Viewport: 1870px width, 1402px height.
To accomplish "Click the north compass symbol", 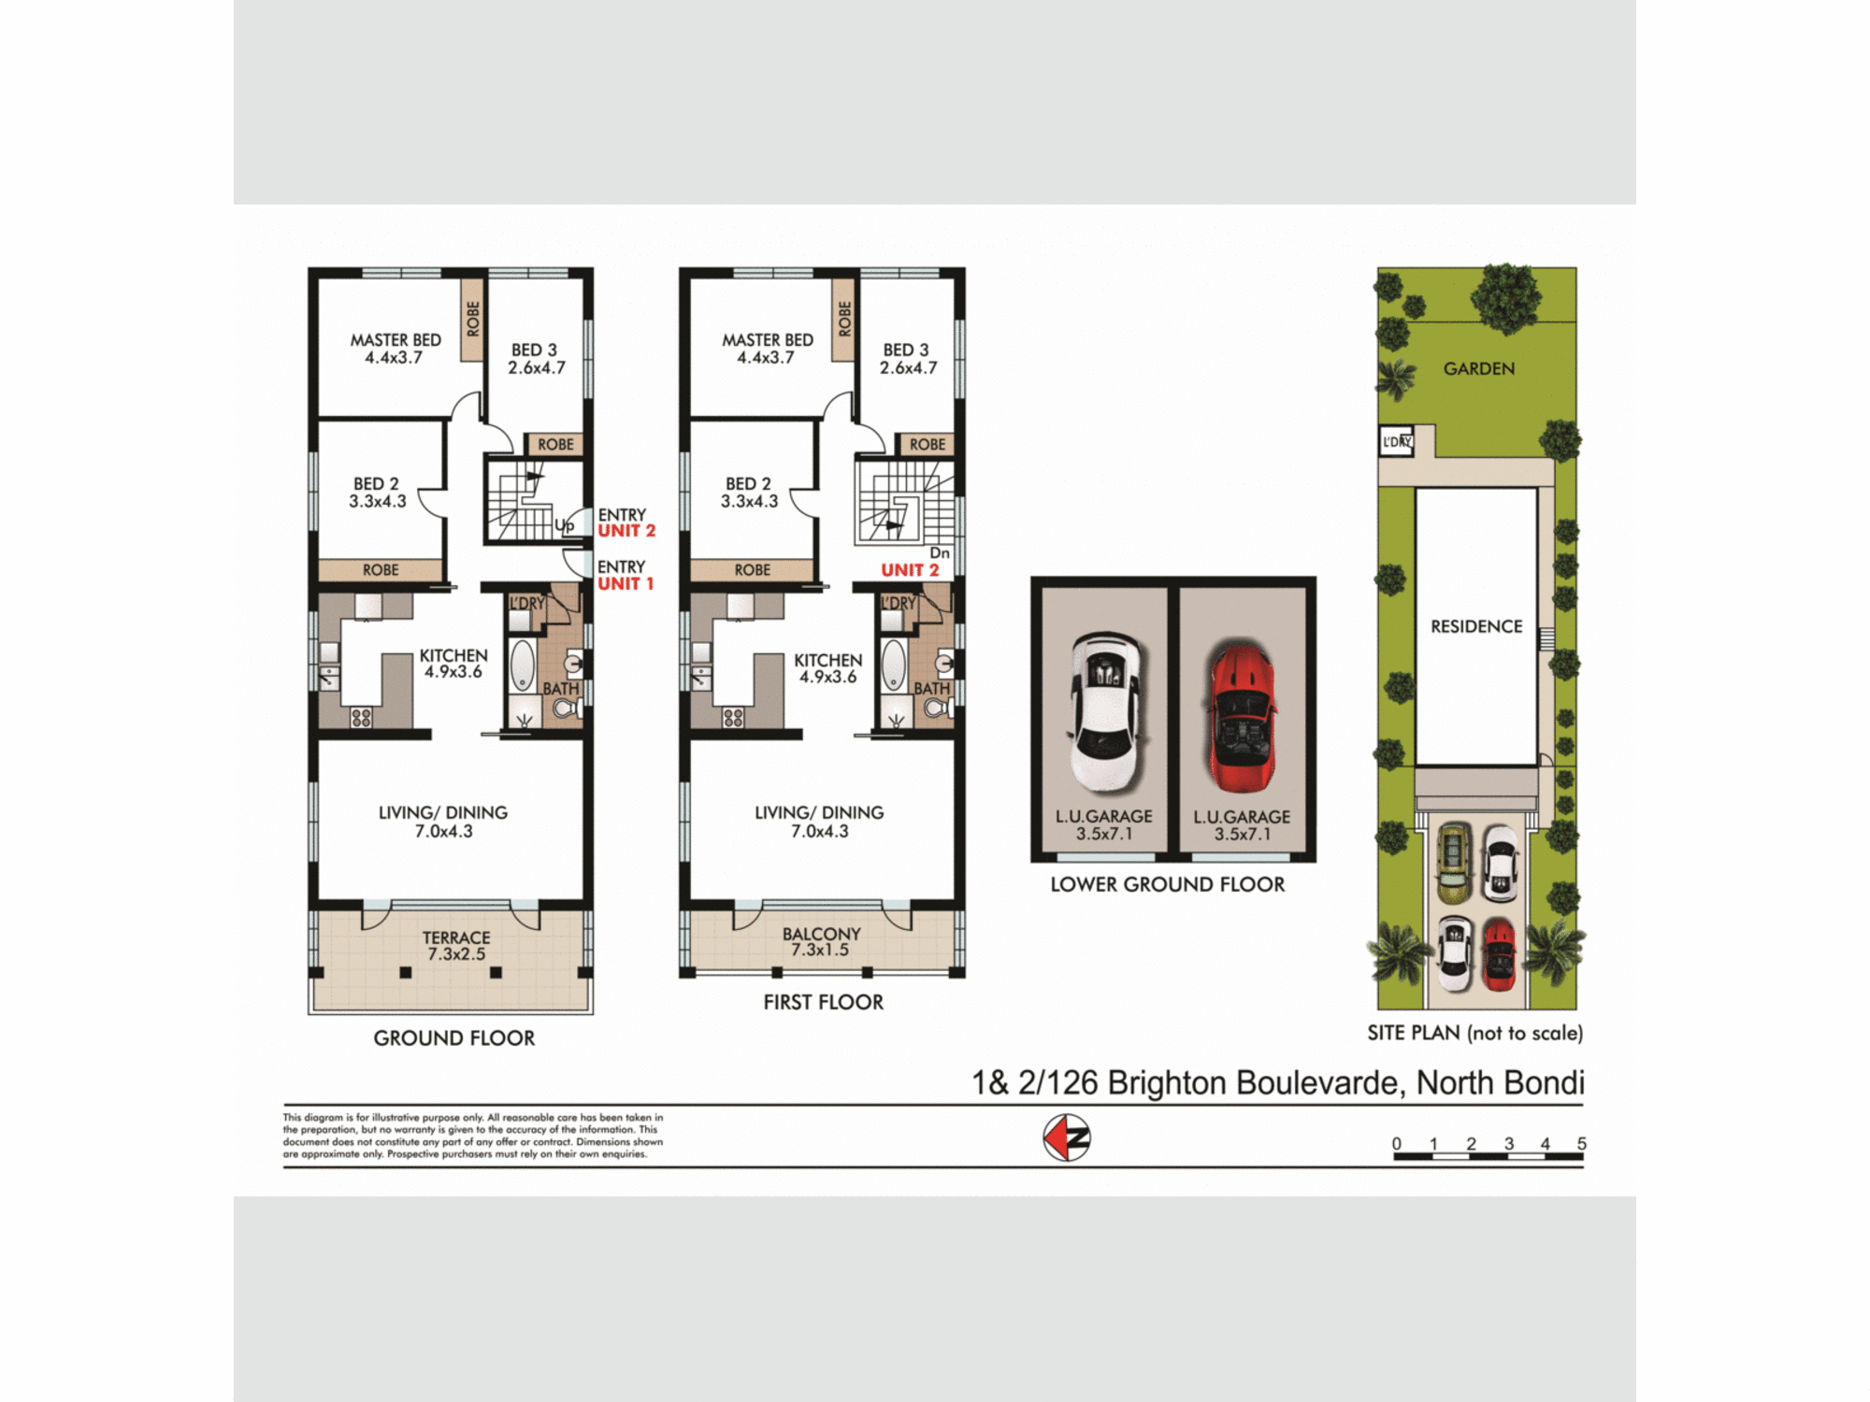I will [1066, 1137].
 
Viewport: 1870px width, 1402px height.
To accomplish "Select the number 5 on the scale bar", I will [1581, 1144].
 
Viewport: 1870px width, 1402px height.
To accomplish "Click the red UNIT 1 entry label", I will [626, 583].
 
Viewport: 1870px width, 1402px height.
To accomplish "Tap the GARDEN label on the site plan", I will [1478, 368].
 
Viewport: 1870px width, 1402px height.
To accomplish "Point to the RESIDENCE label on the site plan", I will [1476, 626].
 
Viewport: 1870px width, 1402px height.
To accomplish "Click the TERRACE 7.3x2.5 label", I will [456, 945].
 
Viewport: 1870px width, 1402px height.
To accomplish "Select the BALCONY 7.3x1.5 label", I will [821, 941].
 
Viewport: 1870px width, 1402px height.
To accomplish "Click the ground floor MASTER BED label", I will [396, 348].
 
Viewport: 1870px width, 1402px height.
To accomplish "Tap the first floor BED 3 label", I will [907, 358].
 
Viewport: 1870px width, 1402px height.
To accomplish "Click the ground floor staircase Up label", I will [564, 525].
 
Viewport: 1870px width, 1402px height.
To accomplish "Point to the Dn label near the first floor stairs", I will [940, 553].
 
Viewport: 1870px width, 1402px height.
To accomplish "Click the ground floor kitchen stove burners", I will [361, 718].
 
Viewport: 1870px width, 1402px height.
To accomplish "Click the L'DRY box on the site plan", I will [1396, 441].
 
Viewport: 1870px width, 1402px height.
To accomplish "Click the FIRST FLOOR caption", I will [823, 1002].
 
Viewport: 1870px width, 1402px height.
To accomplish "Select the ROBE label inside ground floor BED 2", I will [381, 570].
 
